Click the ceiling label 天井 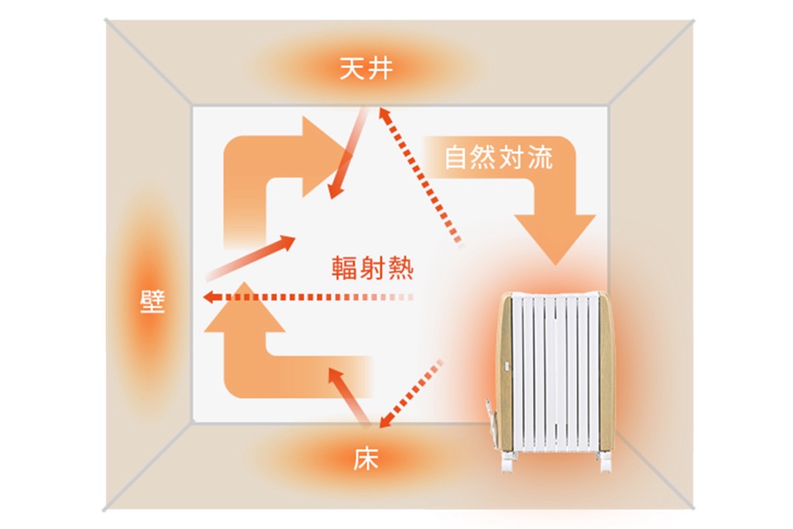[x=366, y=69]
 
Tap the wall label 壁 [x=153, y=302]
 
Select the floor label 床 [x=366, y=459]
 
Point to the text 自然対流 [x=498, y=157]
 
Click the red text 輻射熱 [x=372, y=268]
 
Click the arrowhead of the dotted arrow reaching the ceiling [x=384, y=115]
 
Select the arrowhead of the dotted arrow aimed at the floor [x=386, y=421]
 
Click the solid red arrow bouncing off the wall [x=250, y=258]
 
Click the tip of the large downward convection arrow [x=555, y=265]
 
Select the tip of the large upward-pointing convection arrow [x=245, y=282]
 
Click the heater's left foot [x=508, y=462]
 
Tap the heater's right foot [x=604, y=462]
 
